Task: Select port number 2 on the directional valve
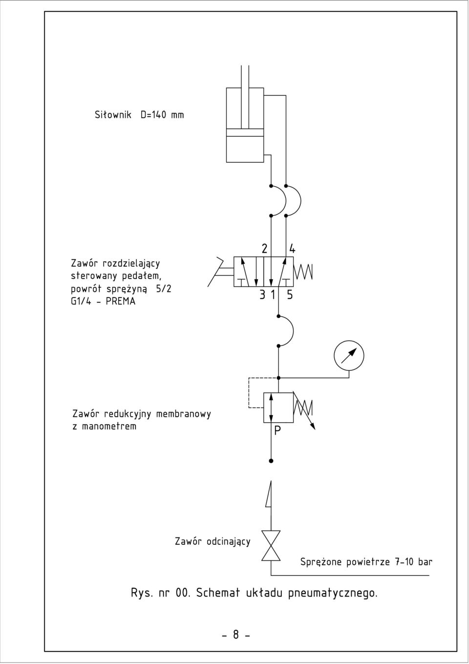click(265, 248)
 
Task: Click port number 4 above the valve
click(292, 248)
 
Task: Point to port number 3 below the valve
click(262, 295)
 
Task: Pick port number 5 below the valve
click(290, 295)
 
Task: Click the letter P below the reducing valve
click(277, 430)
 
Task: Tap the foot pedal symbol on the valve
click(220, 272)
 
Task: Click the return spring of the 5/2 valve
click(303, 272)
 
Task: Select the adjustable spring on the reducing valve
click(303, 409)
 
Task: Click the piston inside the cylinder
click(245, 133)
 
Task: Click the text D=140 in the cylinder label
click(153, 115)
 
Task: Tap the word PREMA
click(120, 301)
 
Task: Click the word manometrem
click(109, 426)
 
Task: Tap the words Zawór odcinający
click(213, 541)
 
